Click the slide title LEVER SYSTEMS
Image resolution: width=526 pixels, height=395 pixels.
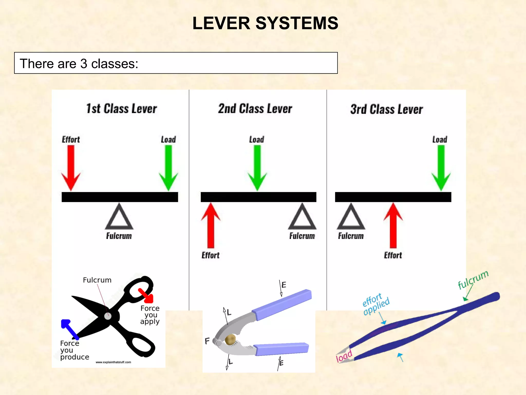265,23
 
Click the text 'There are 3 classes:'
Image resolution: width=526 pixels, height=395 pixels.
79,64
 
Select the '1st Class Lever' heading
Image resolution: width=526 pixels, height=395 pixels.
121,109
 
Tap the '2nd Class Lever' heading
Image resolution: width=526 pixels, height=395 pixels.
255,109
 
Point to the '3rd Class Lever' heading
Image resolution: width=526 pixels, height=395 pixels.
387,109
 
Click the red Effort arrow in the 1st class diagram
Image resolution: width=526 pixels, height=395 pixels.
71,167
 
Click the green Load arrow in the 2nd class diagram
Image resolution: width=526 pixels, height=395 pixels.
257,167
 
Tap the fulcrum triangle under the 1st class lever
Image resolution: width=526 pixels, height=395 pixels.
119,217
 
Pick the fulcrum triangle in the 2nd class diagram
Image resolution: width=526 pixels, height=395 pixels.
302,217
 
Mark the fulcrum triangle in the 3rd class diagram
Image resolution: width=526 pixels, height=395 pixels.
351,217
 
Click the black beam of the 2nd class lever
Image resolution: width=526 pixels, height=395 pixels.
258,197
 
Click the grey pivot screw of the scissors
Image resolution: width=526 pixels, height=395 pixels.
108,316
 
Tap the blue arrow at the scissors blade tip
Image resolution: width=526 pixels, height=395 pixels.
69,328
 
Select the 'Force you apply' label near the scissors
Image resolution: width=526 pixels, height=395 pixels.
150,315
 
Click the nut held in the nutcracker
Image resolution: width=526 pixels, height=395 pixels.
230,339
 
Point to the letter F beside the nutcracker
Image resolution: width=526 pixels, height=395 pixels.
207,341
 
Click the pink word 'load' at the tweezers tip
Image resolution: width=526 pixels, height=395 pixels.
344,356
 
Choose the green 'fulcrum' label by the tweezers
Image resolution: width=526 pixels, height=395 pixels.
473,280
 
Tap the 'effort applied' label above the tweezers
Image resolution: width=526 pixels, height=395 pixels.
376,304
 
